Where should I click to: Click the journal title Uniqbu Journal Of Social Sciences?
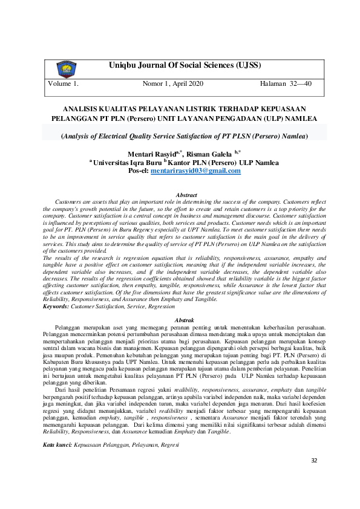point(185,65)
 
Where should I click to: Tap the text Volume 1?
point(64,84)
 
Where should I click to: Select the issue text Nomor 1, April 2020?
point(173,84)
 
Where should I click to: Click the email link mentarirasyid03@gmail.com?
point(195,171)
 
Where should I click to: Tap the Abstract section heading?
point(186,195)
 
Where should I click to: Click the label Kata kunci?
point(57,428)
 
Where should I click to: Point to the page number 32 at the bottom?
point(313,478)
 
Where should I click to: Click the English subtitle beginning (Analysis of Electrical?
point(185,137)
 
